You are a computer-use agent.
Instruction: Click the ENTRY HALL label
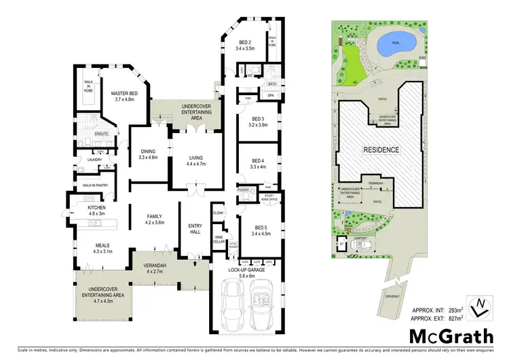(x=195, y=230)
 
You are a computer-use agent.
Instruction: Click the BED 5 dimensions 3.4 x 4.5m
(x=262, y=233)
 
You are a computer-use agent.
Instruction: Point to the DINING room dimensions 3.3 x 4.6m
(x=148, y=157)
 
